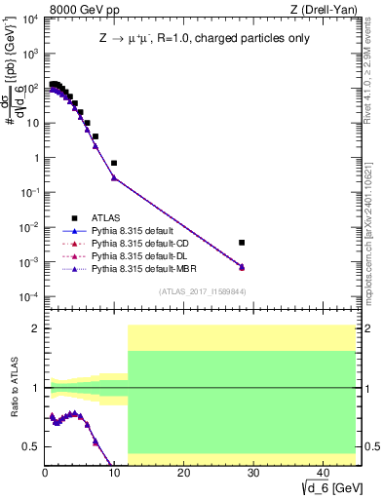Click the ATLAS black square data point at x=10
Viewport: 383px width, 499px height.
[114, 163]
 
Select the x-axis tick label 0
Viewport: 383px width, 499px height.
[45, 474]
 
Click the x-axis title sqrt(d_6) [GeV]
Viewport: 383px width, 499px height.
[325, 488]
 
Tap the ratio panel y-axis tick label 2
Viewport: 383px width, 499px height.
[35, 328]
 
